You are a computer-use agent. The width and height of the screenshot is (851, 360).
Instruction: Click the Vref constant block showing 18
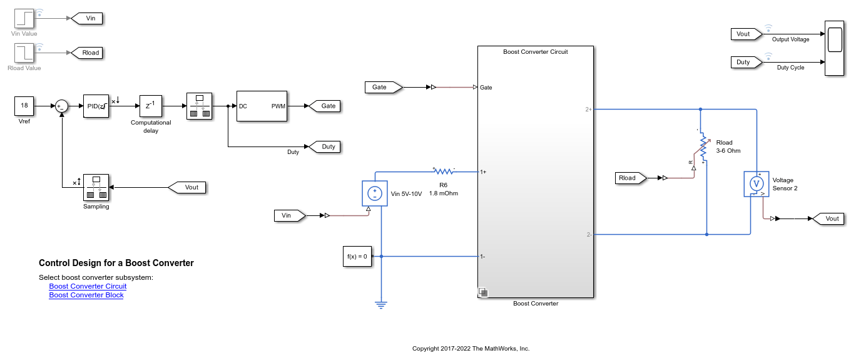point(24,106)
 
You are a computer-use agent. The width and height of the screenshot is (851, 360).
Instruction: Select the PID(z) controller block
point(96,106)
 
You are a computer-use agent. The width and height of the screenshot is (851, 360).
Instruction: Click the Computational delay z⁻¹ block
point(151,106)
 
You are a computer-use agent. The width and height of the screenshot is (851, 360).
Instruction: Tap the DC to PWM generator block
point(262,106)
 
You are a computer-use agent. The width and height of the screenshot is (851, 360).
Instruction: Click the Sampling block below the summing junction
point(96,187)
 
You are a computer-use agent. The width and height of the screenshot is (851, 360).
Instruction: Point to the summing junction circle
point(61,106)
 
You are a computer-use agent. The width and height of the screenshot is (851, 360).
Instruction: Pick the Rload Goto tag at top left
point(88,53)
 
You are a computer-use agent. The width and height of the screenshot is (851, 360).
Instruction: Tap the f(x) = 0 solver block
point(357,256)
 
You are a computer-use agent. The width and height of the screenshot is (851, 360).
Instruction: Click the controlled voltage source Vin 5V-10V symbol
point(375,194)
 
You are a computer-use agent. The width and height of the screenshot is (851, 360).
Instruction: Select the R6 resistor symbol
point(443,171)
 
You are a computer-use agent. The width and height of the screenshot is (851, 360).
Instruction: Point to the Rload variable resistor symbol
point(702,148)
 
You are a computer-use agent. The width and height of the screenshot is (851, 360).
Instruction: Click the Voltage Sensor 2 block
point(756,184)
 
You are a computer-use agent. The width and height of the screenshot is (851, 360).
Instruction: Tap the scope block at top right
point(833,48)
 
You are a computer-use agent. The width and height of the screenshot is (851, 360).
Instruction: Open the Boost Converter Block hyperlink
point(86,295)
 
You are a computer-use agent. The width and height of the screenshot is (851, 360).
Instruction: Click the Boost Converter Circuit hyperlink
point(88,286)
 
